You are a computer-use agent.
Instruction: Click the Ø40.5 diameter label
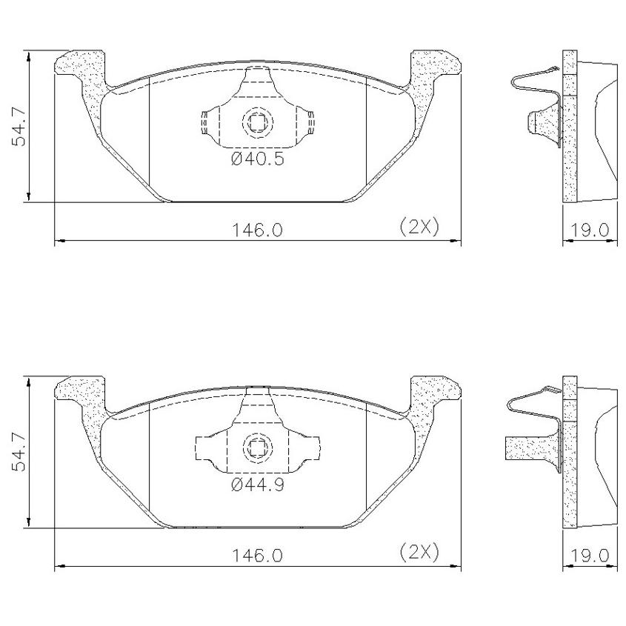tap(258, 159)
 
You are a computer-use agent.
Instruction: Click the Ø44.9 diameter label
tap(258, 485)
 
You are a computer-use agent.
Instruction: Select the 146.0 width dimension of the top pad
tap(257, 230)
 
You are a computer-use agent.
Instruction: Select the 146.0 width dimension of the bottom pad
tap(257, 556)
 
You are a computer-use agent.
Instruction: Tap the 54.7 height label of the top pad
tap(19, 127)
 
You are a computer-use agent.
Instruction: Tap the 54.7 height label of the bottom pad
tap(19, 453)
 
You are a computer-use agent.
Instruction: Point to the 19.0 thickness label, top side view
tap(589, 230)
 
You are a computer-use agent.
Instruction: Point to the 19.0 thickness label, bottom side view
tap(589, 556)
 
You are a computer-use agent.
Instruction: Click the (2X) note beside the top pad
tap(419, 227)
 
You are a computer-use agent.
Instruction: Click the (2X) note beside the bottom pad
tap(419, 553)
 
